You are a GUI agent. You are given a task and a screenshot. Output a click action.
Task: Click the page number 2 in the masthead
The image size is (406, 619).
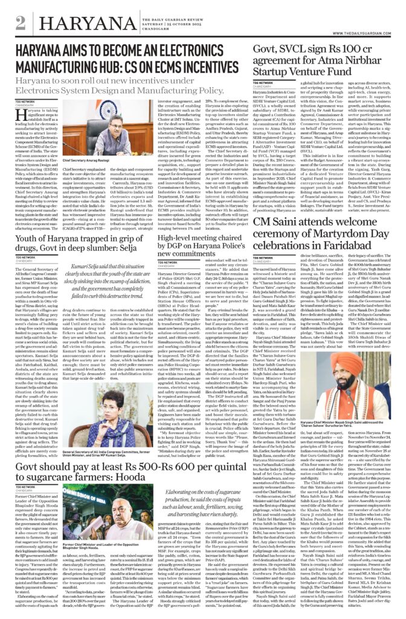click(x=21, y=23)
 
